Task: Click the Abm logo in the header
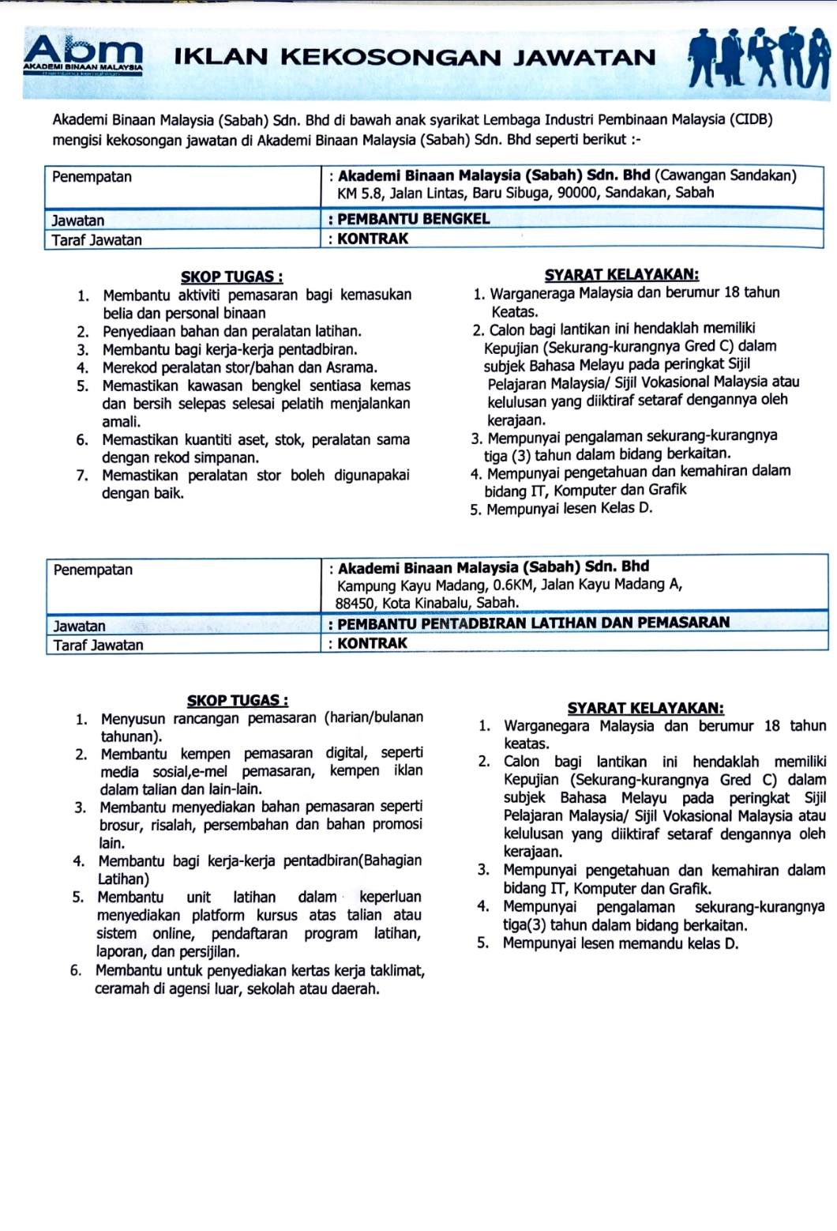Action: tap(84, 55)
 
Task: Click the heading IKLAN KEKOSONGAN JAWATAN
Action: tap(414, 58)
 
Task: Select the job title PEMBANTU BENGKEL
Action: tap(413, 219)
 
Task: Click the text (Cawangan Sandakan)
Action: tap(725, 175)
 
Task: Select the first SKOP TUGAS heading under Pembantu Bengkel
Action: tap(231, 277)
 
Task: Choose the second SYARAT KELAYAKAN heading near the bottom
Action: tap(645, 709)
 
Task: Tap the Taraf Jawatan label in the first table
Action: tap(97, 240)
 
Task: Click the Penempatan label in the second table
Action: tap(93, 570)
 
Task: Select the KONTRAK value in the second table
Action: tap(372, 643)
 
